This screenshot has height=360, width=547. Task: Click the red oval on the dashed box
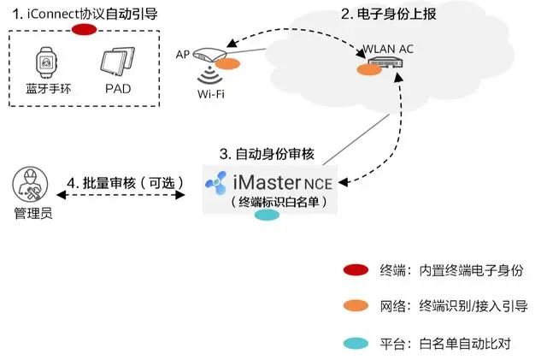84,31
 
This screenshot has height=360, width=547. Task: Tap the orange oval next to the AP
227,62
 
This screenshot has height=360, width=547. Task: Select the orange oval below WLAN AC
368,69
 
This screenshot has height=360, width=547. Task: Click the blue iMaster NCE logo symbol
216,182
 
